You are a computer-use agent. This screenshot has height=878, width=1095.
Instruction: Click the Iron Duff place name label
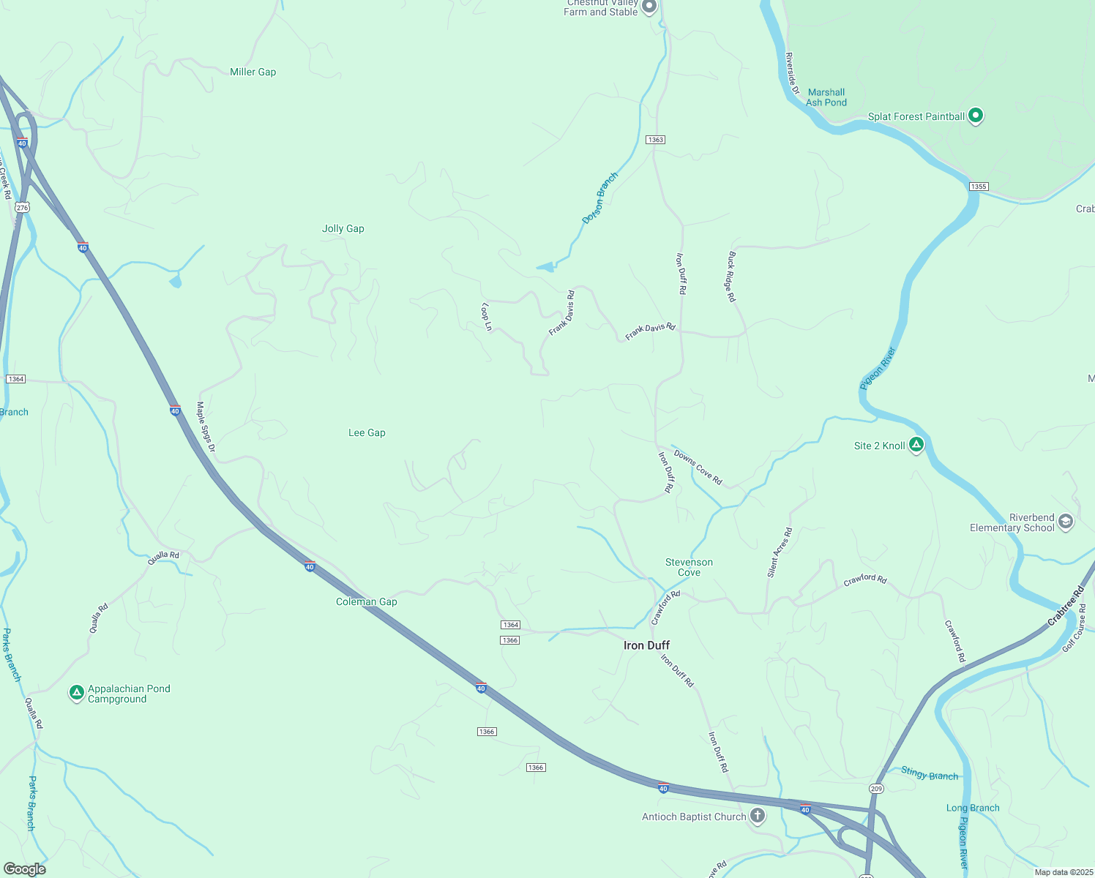point(646,645)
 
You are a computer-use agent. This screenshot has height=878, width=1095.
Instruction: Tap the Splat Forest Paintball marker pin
point(975,116)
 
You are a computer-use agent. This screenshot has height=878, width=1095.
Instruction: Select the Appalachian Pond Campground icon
point(76,692)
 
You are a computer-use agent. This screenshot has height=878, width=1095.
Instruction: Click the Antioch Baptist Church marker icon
point(758,815)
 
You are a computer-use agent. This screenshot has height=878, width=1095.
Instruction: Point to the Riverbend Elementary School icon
point(1066,522)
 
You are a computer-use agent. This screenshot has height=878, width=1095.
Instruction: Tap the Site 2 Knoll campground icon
point(916,444)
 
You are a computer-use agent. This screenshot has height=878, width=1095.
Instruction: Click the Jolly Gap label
point(343,229)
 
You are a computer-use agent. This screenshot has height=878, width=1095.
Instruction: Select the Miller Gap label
point(253,72)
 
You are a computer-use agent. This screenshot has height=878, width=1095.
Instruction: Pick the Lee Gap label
point(367,433)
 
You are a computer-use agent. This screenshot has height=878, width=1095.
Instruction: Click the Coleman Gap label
point(366,602)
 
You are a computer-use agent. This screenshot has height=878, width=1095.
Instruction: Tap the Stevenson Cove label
point(689,567)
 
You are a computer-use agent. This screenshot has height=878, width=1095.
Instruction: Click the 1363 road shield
point(655,140)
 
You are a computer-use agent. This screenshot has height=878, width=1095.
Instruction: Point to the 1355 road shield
point(979,187)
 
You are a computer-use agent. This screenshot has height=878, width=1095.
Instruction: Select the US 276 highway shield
point(23,208)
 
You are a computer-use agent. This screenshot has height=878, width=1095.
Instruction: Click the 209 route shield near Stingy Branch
point(876,788)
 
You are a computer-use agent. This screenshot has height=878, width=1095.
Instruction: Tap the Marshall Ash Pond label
point(826,97)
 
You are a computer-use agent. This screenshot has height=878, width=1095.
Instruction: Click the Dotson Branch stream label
point(600,198)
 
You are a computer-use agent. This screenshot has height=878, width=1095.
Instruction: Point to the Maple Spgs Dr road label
point(206,427)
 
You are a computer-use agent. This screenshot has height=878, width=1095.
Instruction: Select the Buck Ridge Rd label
point(731,277)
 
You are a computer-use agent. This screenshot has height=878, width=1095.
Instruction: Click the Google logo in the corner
point(25,868)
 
